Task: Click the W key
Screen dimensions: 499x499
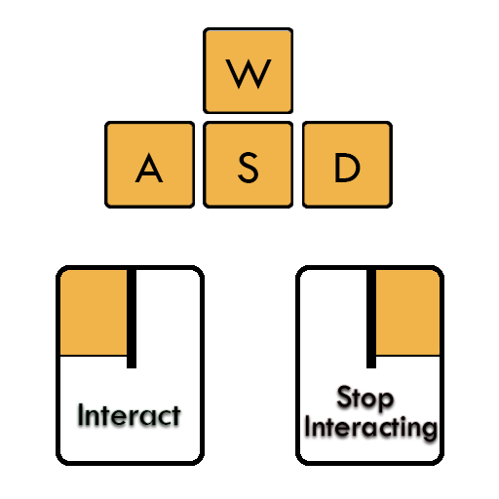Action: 248,70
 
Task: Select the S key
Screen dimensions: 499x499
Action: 248,165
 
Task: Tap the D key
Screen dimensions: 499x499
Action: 347,165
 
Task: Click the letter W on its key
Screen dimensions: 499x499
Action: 249,74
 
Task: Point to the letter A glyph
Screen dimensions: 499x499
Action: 149,168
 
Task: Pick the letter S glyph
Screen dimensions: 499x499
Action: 249,168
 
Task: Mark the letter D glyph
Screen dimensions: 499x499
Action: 347,168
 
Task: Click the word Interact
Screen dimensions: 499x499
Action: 129,415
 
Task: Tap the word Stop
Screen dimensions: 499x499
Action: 365,398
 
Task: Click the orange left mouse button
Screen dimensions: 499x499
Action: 94,312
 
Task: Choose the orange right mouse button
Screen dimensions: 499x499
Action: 407,312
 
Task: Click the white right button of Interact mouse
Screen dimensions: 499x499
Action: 168,312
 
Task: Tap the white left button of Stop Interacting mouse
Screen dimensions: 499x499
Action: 333,312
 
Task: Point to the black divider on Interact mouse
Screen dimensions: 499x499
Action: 132,319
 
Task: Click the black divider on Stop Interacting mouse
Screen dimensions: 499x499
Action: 371,319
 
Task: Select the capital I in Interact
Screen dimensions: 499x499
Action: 80,414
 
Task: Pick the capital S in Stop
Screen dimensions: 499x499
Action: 345,397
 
